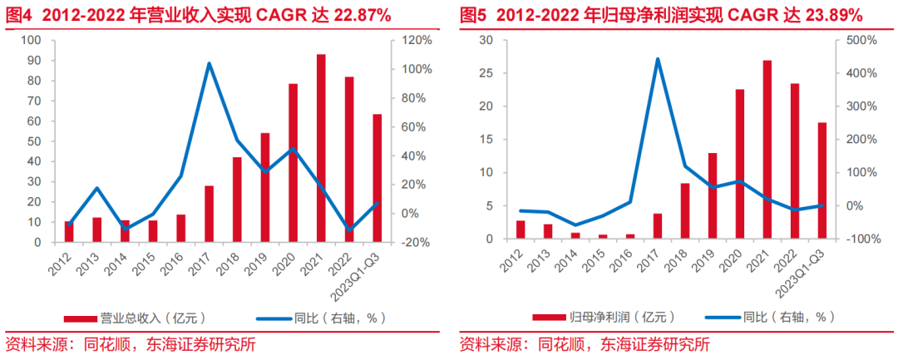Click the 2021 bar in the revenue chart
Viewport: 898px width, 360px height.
pyautogui.click(x=321, y=148)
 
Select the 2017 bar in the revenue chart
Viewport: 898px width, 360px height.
pyautogui.click(x=210, y=214)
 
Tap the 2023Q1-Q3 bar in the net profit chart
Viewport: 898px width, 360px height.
pyautogui.click(x=822, y=180)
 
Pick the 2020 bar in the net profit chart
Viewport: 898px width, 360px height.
pyautogui.click(x=740, y=164)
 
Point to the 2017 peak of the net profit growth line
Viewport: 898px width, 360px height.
pyautogui.click(x=658, y=59)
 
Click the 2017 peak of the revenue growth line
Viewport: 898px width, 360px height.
pyautogui.click(x=209, y=63)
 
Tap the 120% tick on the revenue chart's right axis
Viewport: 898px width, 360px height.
pyautogui.click(x=416, y=40)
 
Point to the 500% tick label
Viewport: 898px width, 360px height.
pyautogui.click(x=867, y=40)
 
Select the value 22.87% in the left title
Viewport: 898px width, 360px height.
pyautogui.click(x=357, y=15)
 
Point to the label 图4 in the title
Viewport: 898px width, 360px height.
pyautogui.click(x=20, y=15)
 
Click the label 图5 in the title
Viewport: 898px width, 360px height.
pyautogui.click(x=473, y=15)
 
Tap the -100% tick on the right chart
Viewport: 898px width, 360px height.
pyautogui.click(x=866, y=239)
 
